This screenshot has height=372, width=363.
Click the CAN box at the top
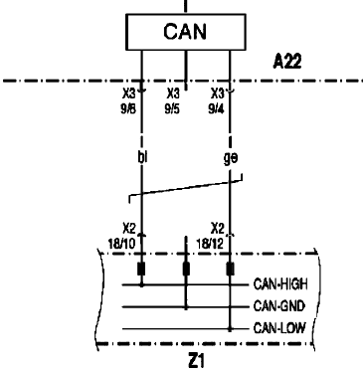(186, 32)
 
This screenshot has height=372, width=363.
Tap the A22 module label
(287, 62)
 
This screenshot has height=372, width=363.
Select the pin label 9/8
(128, 108)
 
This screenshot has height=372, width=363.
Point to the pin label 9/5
(172, 108)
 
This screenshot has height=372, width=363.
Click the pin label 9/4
(216, 108)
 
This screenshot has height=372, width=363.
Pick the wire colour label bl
(142, 157)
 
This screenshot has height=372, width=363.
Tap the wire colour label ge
(231, 158)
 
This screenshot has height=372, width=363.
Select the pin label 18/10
(122, 245)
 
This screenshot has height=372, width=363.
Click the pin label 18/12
(210, 245)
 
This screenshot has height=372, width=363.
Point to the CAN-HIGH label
(280, 284)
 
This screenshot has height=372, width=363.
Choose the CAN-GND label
(278, 306)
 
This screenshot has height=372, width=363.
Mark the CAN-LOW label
(279, 328)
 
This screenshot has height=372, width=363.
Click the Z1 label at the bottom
(197, 361)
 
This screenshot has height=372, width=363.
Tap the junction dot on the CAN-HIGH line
(142, 284)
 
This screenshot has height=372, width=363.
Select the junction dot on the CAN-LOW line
(230, 329)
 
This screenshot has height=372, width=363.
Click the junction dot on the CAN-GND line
(186, 307)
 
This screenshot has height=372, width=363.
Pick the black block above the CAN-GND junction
(186, 269)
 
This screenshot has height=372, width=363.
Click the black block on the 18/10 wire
(141, 269)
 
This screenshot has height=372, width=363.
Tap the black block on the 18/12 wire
(230, 269)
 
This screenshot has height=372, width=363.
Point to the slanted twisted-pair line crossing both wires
(186, 188)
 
